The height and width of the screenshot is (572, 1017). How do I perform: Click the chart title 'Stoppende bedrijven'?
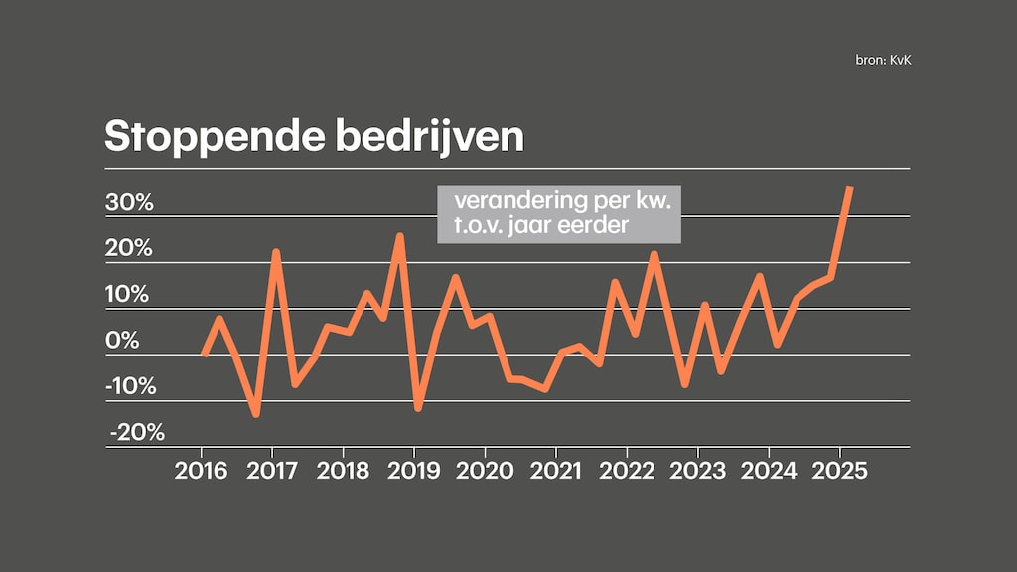(x=314, y=137)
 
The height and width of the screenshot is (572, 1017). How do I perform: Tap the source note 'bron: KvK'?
(x=882, y=62)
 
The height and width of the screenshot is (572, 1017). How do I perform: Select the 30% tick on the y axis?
(x=130, y=203)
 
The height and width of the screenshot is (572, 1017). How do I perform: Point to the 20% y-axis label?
(x=130, y=248)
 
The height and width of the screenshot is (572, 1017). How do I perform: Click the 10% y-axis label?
(x=130, y=295)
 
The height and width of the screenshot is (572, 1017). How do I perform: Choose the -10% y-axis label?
(x=130, y=386)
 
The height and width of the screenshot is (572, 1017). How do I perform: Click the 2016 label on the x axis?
(x=202, y=470)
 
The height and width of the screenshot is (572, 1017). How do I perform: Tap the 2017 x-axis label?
(x=272, y=470)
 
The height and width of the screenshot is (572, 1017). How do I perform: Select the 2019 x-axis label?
(x=414, y=470)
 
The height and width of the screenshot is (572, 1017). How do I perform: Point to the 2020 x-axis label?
(x=486, y=470)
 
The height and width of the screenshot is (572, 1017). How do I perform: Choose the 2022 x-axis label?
(x=628, y=470)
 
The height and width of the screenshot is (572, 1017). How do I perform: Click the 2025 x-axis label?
(x=840, y=470)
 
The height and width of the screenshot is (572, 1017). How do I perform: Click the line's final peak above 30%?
(x=850, y=188)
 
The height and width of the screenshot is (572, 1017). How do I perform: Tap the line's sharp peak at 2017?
(x=276, y=252)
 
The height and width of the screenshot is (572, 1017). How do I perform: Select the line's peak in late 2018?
(x=399, y=236)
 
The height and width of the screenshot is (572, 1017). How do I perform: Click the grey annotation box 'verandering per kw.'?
(x=559, y=214)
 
